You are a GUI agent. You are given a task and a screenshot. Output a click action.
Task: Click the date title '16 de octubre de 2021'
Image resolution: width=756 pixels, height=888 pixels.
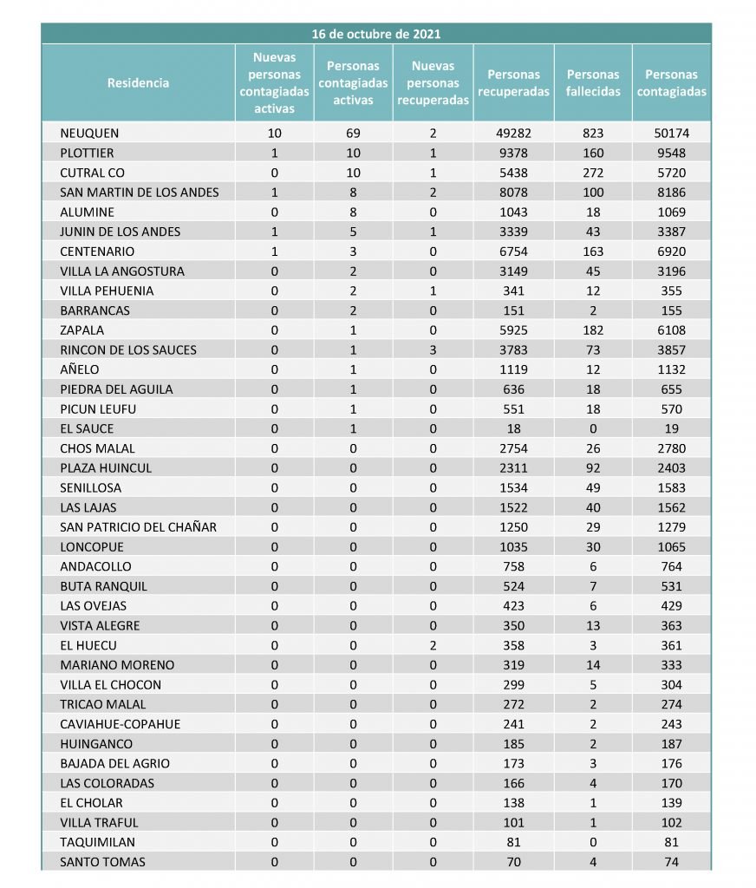[x=376, y=34]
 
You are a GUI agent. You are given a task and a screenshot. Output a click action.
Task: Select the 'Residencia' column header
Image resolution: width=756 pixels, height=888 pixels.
[x=139, y=83]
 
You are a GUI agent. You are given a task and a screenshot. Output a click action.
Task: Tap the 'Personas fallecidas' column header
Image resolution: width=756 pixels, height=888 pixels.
[x=593, y=83]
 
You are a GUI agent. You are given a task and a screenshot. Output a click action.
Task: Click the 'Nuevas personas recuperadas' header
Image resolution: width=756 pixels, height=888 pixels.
[x=433, y=83]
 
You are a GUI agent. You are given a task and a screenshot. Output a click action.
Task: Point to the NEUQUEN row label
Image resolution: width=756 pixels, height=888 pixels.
[x=89, y=134]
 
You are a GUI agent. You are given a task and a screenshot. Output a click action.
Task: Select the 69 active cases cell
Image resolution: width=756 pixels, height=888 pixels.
[x=353, y=134]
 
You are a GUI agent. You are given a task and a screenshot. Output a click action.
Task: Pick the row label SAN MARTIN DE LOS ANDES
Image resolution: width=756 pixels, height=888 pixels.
[x=140, y=193]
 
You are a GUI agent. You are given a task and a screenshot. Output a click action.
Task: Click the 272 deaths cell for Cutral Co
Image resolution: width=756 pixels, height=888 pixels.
[x=593, y=173]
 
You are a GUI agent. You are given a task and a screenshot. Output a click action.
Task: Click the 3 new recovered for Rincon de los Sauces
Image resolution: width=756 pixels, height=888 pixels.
[x=433, y=350]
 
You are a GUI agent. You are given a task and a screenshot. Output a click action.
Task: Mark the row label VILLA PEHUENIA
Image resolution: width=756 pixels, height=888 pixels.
[x=107, y=291]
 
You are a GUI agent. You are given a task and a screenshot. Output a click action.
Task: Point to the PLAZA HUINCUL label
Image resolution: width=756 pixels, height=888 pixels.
[x=106, y=468]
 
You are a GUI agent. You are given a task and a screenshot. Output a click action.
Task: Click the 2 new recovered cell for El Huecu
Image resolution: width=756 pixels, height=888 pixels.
[x=433, y=645]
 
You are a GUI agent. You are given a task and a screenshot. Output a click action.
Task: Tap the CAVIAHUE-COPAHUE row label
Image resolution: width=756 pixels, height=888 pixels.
[x=121, y=724]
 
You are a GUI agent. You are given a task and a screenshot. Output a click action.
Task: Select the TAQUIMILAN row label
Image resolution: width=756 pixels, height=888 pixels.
[x=98, y=842]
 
